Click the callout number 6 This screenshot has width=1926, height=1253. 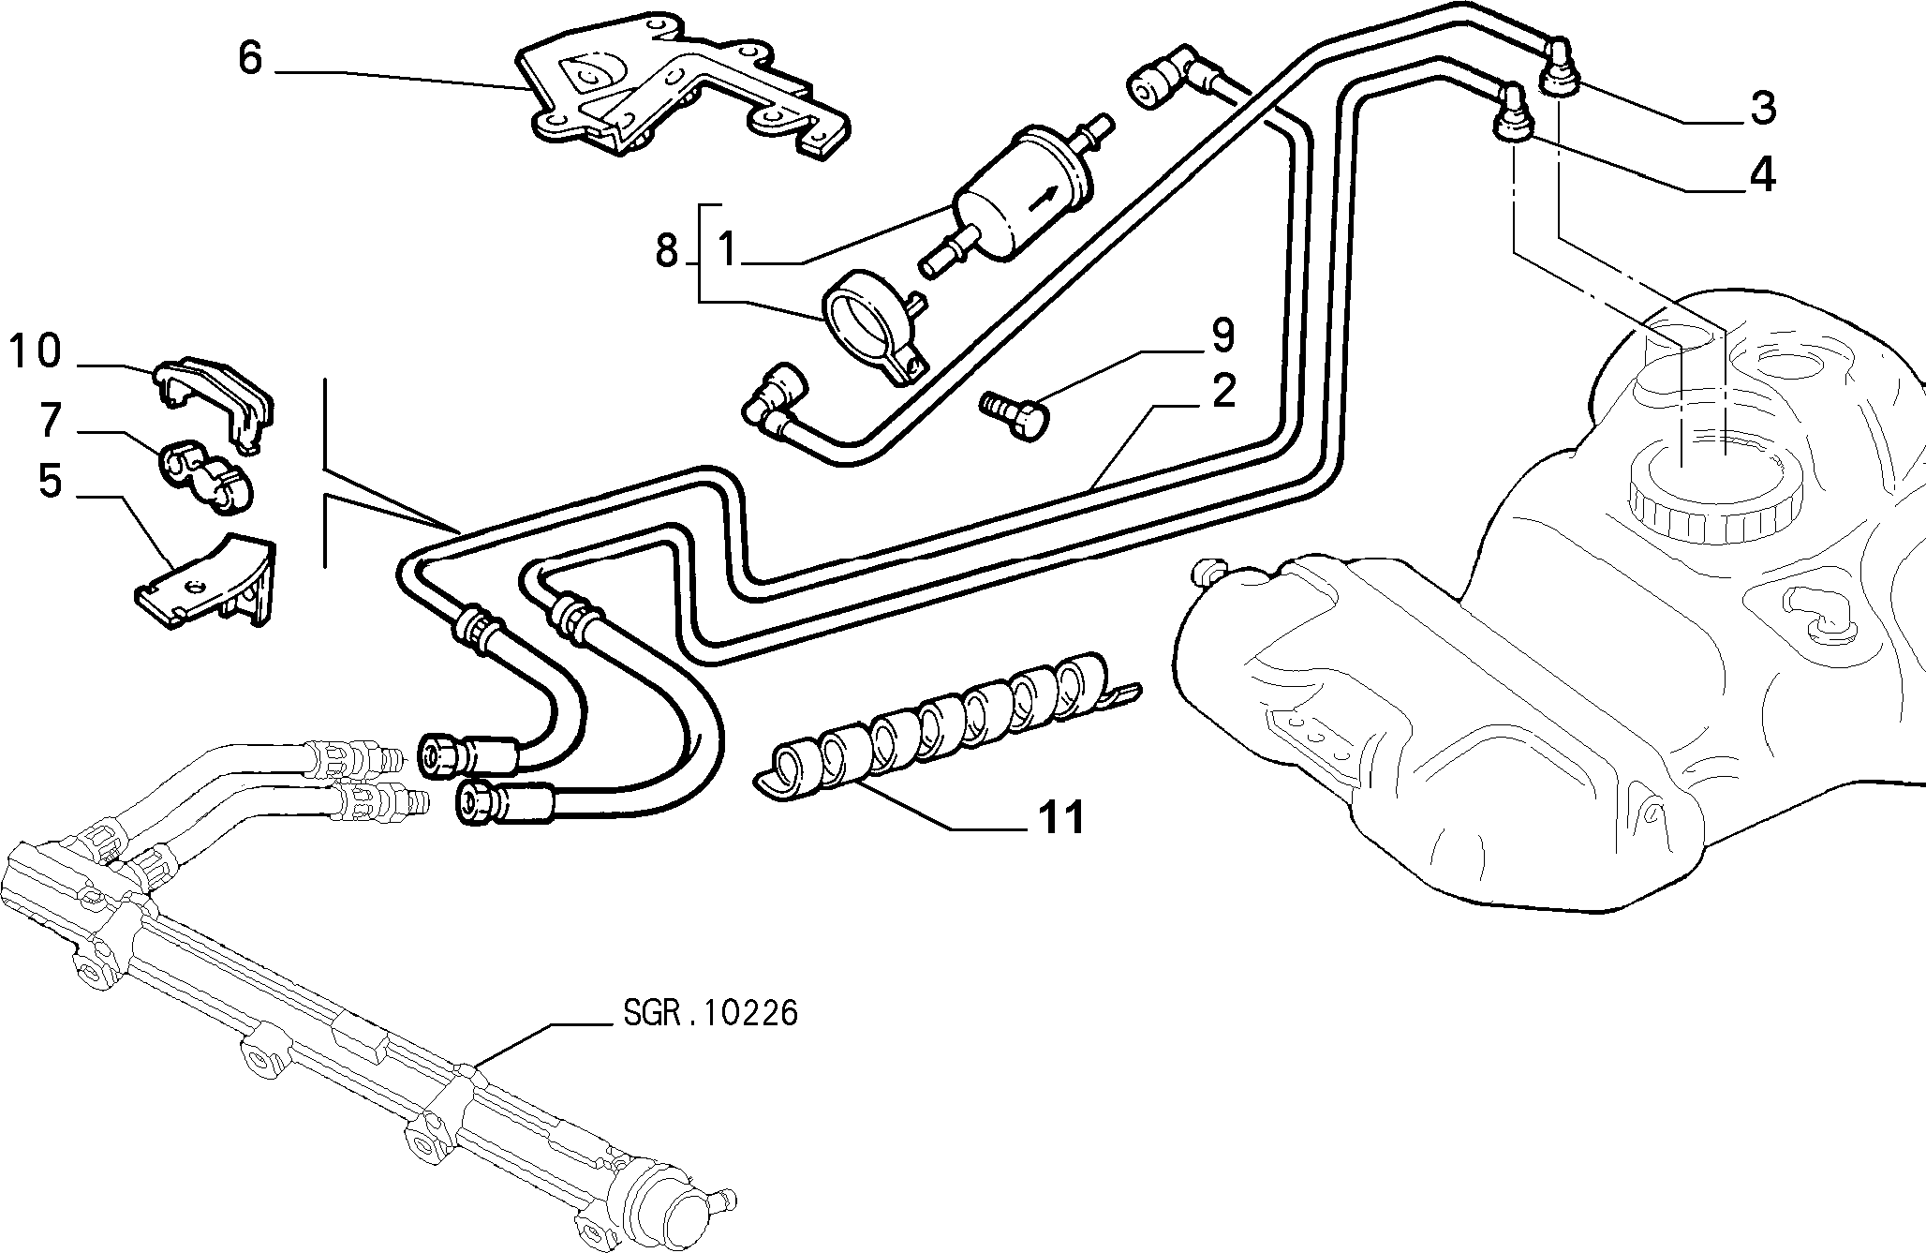(251, 58)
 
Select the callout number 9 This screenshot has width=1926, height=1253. (1222, 336)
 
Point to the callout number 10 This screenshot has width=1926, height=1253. (36, 351)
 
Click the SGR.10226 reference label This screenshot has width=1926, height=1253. (710, 1013)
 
